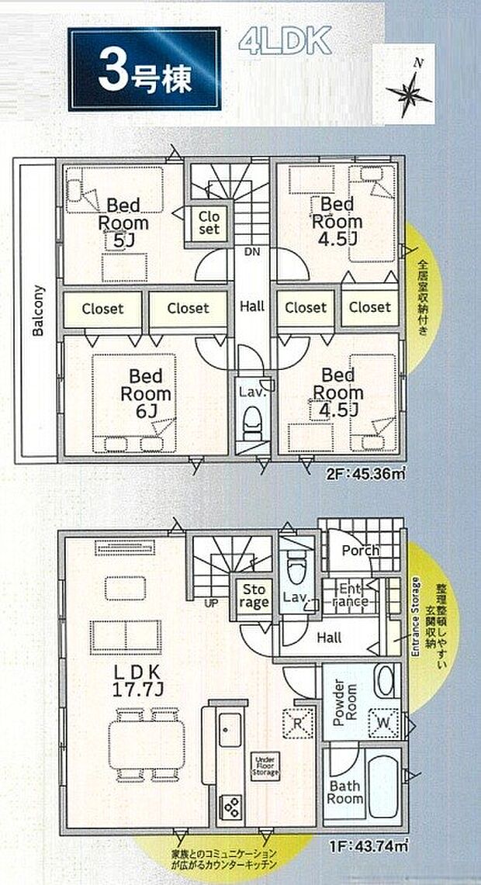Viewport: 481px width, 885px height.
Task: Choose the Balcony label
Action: click(38, 311)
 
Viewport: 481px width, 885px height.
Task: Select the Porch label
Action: click(361, 550)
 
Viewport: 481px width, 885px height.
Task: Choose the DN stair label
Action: click(251, 252)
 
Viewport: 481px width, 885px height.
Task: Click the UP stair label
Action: click(210, 602)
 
